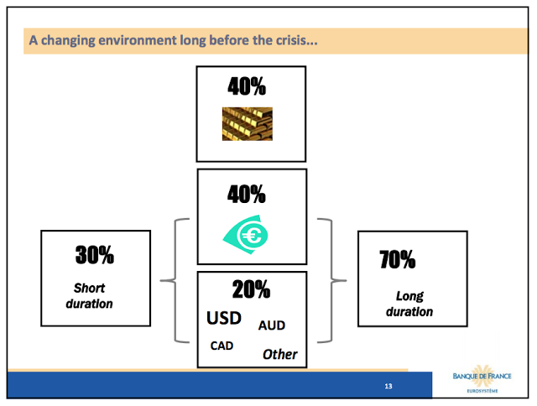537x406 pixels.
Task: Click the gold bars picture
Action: (x=248, y=124)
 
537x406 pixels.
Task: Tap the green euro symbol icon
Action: (x=246, y=235)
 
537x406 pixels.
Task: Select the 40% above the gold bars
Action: (x=247, y=86)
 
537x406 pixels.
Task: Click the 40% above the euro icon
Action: (x=247, y=194)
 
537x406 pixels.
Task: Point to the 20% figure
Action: (x=251, y=289)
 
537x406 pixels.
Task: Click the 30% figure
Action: (x=95, y=255)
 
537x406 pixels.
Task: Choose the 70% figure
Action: (x=397, y=259)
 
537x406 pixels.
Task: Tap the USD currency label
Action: (x=224, y=318)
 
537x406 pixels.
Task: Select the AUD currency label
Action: (x=272, y=325)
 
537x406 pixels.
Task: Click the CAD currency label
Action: (x=222, y=346)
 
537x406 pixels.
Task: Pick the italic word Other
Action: (x=279, y=354)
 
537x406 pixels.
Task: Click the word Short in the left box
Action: (x=89, y=288)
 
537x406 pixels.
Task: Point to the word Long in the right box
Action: (x=409, y=296)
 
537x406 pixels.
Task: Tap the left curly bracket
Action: (x=175, y=280)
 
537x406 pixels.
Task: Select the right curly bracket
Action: (x=331, y=280)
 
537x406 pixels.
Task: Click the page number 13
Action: (x=388, y=386)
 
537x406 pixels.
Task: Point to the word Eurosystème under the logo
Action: (x=482, y=391)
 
